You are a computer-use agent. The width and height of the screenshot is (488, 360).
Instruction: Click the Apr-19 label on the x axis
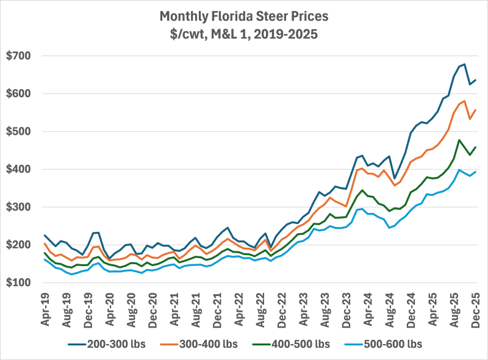point(45,308)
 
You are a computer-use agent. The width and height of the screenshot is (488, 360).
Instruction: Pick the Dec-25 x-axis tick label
point(476,308)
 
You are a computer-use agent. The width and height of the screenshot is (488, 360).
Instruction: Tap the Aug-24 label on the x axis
point(390,308)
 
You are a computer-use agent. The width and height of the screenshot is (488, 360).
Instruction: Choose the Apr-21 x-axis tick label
point(174,308)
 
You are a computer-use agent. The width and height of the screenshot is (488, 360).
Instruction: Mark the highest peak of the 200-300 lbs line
point(465,64)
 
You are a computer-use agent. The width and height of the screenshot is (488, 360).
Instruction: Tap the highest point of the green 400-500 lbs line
point(459,140)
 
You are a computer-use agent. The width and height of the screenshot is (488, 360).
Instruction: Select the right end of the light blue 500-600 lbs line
point(476,171)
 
